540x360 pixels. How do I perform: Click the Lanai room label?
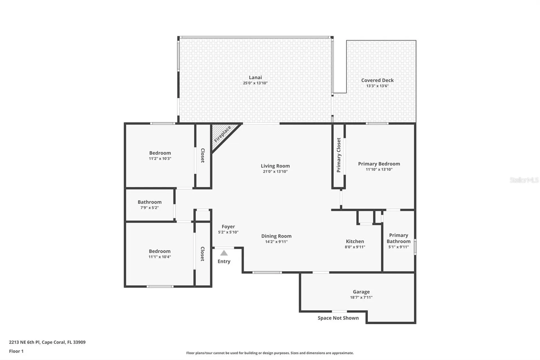point(255,77)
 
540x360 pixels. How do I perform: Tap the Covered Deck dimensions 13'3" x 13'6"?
point(377,86)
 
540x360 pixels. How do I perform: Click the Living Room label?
point(275,166)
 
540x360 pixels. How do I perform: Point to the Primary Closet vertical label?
point(339,155)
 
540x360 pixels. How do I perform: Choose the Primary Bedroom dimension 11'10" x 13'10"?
point(379,169)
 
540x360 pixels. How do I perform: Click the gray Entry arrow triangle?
point(224,253)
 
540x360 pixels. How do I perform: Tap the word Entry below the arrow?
point(224,261)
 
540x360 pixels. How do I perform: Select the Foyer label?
point(228,227)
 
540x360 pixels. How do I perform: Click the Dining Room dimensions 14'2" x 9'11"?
point(276,242)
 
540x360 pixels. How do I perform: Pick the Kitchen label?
point(355,242)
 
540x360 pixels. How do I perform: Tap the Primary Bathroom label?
point(398,238)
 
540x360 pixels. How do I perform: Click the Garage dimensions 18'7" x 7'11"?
point(361,298)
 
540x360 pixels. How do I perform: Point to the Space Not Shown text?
point(338,318)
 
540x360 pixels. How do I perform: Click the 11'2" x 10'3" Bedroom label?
point(160,153)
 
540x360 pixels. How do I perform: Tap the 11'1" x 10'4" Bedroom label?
point(159,251)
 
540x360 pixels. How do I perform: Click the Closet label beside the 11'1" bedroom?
point(202,254)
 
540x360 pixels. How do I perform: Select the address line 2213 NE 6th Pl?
point(47,342)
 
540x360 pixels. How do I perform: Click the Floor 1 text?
point(16,351)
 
